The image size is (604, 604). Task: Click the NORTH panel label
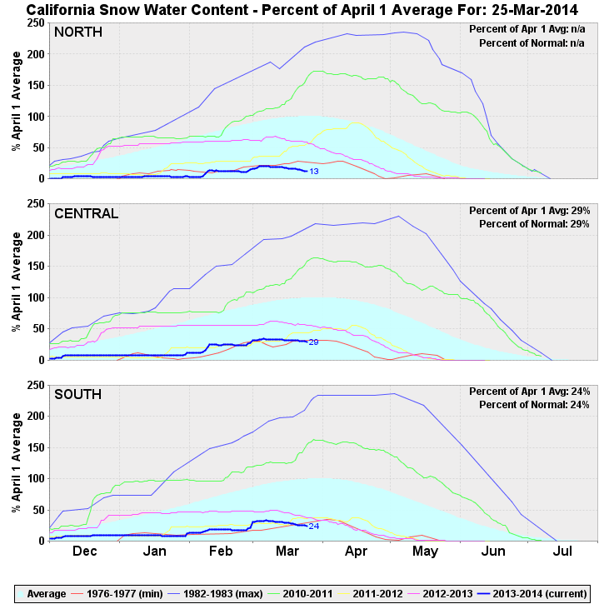(x=78, y=32)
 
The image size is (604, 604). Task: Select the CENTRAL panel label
(x=87, y=213)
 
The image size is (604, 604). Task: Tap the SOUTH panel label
(x=79, y=394)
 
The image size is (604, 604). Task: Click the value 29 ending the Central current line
(x=313, y=342)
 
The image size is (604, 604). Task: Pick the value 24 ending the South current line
(x=314, y=526)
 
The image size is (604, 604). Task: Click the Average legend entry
(x=46, y=594)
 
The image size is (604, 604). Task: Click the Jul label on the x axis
(x=562, y=552)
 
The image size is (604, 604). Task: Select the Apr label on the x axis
(x=356, y=552)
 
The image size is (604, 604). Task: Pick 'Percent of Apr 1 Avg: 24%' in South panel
(x=529, y=392)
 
